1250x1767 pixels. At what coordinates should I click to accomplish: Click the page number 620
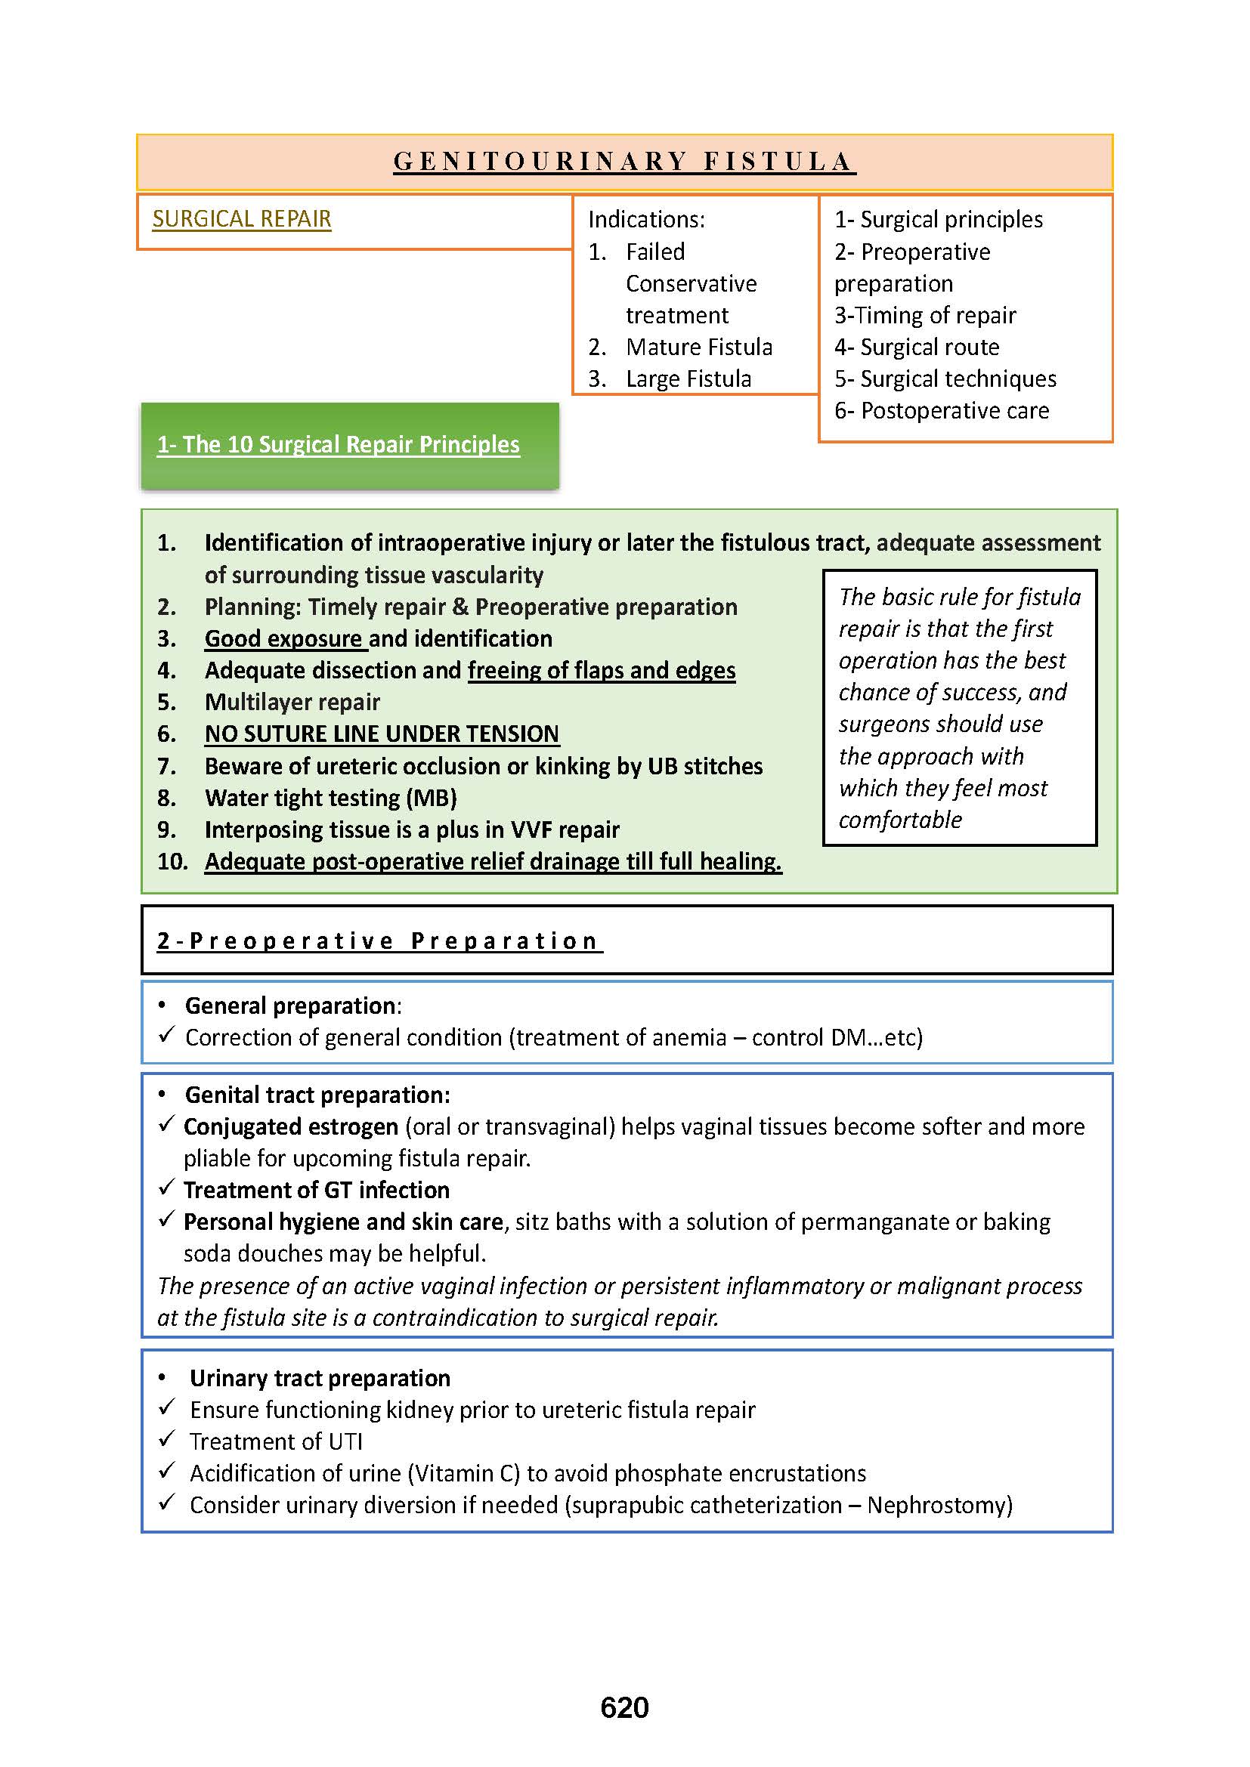click(624, 1707)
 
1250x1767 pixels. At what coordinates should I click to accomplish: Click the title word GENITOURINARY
click(540, 162)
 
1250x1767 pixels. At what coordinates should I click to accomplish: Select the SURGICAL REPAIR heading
click(242, 219)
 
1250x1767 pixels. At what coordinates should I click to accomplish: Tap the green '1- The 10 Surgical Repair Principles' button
click(339, 445)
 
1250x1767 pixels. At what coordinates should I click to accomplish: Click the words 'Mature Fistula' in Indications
click(699, 347)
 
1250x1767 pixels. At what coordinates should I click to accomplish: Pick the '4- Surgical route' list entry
click(917, 347)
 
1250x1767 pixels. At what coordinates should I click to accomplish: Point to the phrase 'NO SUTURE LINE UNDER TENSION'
click(382, 734)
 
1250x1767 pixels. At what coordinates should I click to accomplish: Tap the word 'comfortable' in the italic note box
click(900, 820)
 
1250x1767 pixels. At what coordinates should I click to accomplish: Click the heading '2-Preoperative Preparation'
click(379, 941)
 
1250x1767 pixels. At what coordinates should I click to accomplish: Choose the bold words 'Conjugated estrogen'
click(291, 1126)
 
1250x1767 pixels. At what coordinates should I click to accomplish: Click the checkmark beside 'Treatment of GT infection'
click(167, 1188)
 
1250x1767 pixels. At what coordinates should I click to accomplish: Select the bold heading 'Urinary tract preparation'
click(320, 1379)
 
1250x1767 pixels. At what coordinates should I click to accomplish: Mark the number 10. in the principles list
click(172, 862)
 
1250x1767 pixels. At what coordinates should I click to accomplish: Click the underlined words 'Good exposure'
click(283, 639)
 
